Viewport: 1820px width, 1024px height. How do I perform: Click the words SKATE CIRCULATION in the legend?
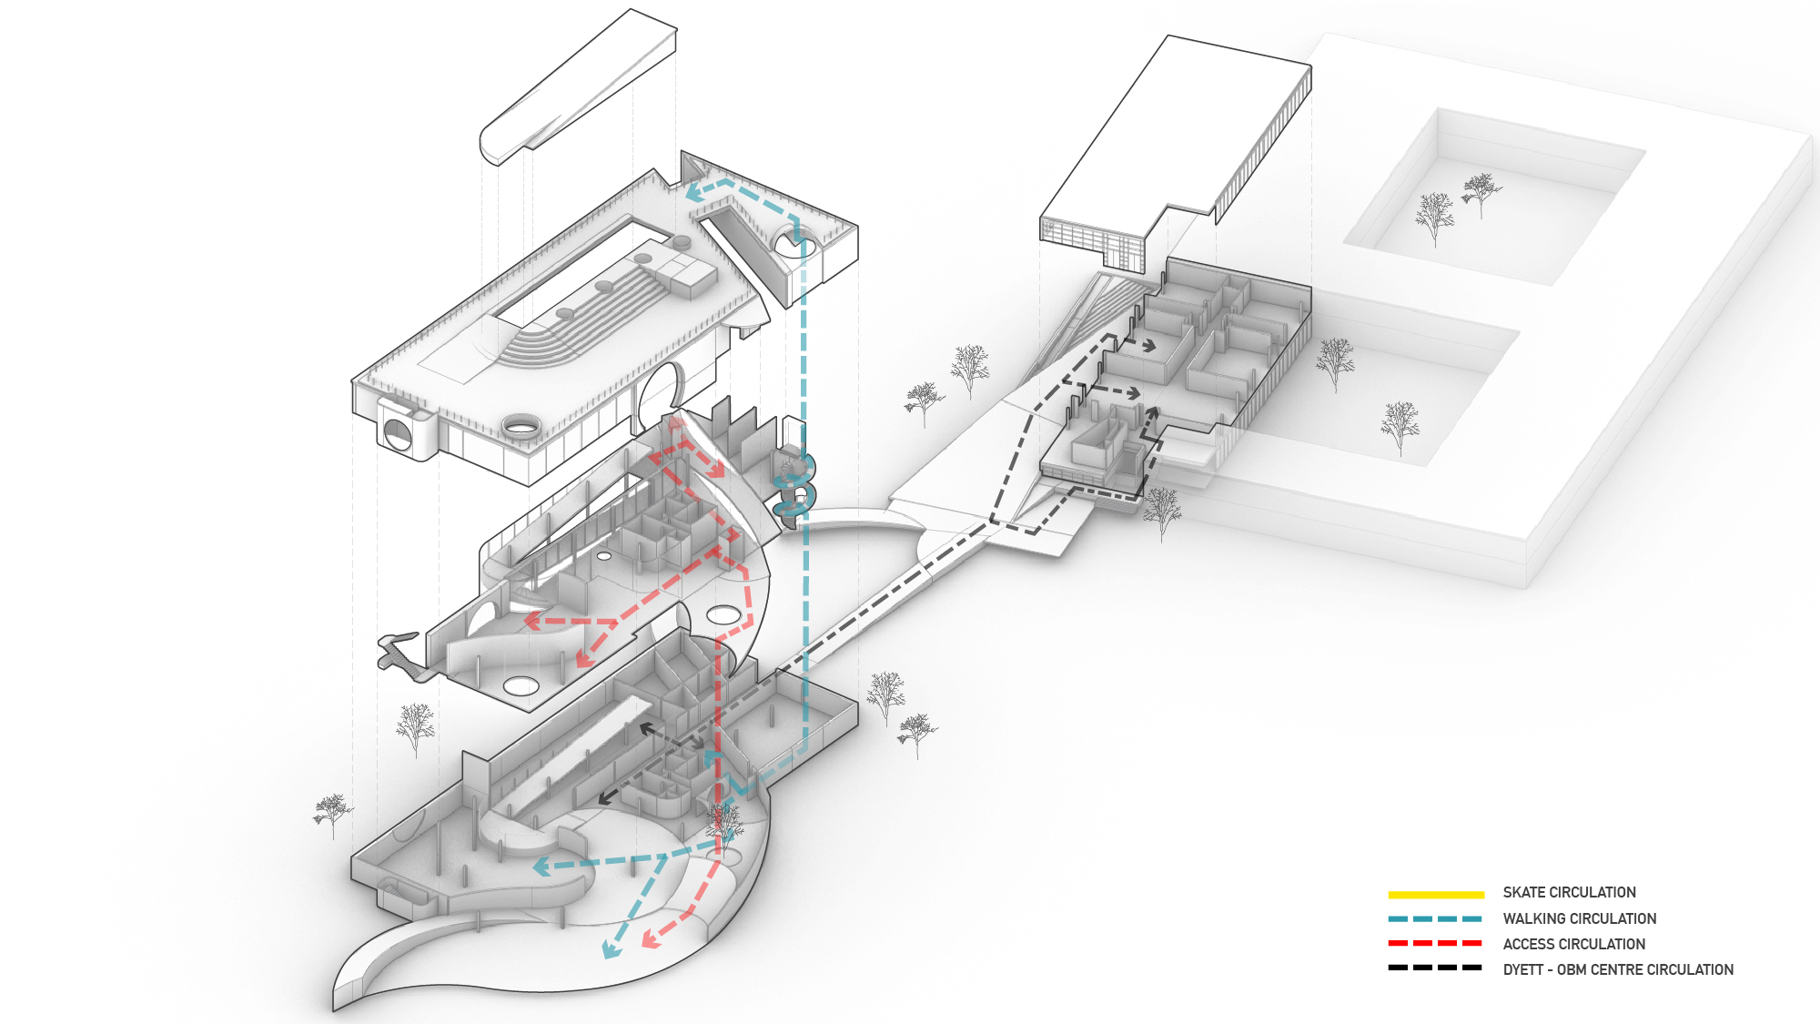pos(1569,893)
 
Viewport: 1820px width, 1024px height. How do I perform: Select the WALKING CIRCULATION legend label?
pos(1579,919)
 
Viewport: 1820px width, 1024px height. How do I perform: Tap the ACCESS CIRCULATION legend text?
pos(1573,945)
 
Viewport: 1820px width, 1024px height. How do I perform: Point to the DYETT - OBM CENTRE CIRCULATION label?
pos(1617,970)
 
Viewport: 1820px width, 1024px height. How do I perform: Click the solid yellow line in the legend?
pos(1435,895)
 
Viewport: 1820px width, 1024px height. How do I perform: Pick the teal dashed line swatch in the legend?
pos(1435,919)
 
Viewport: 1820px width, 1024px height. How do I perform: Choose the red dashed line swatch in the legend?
pos(1435,944)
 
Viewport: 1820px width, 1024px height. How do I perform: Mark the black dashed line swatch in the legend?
pos(1435,968)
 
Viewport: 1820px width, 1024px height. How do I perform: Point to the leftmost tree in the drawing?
pos(332,813)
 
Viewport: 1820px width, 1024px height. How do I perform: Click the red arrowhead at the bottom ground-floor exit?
pos(650,939)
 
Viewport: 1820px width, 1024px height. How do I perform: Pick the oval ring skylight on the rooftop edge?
pos(520,424)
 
